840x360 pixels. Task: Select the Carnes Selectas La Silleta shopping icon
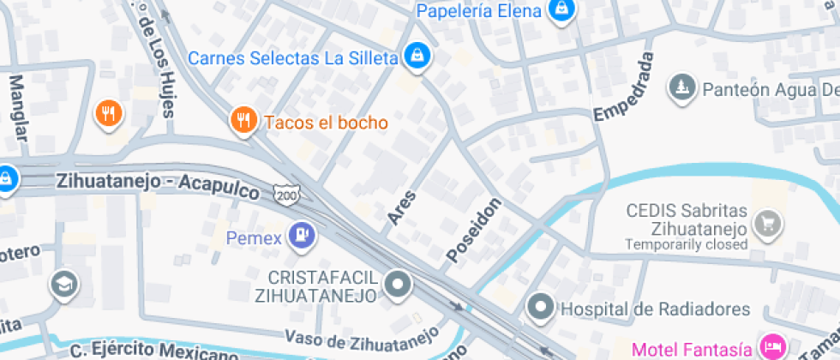point(417,57)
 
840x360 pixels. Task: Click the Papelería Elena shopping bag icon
point(561,10)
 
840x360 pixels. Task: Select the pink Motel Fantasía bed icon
point(771,348)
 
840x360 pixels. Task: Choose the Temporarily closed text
point(686,244)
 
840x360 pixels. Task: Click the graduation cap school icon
point(63,285)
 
